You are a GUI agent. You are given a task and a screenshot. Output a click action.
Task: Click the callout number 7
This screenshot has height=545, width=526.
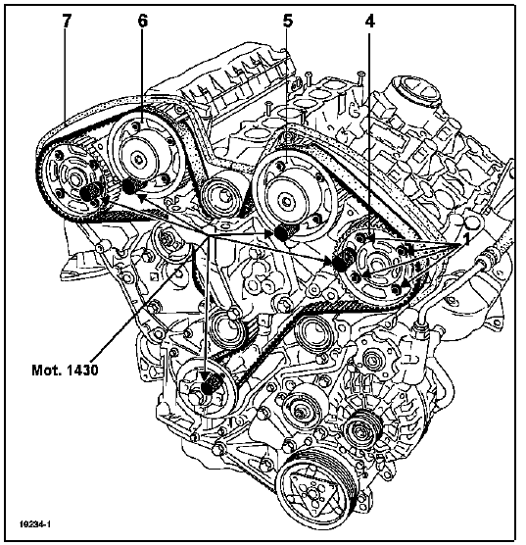(x=66, y=21)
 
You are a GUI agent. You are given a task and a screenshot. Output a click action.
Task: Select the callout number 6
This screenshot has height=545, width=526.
(x=142, y=21)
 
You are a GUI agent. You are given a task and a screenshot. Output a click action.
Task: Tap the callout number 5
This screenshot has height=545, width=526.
(x=288, y=21)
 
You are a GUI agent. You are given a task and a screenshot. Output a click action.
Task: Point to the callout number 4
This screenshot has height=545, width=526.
(x=370, y=22)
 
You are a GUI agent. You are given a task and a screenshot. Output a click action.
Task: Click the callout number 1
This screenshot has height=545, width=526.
(x=466, y=239)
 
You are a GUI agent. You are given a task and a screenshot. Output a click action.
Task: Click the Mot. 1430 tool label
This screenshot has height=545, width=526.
(x=65, y=370)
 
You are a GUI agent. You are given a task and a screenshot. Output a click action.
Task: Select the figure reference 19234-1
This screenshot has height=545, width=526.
(x=35, y=524)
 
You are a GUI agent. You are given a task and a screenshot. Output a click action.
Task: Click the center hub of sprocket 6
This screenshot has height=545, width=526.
(x=139, y=159)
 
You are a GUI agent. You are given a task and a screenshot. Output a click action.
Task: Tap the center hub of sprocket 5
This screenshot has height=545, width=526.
(x=286, y=201)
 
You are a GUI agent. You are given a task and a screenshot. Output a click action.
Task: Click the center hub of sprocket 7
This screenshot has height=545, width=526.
(x=74, y=179)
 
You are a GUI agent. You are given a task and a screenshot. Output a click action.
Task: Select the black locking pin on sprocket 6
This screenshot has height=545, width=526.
(x=129, y=187)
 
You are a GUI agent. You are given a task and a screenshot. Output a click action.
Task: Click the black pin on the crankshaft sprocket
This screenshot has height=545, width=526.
(x=208, y=386)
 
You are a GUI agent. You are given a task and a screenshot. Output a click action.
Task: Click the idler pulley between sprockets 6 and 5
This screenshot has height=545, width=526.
(x=221, y=196)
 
